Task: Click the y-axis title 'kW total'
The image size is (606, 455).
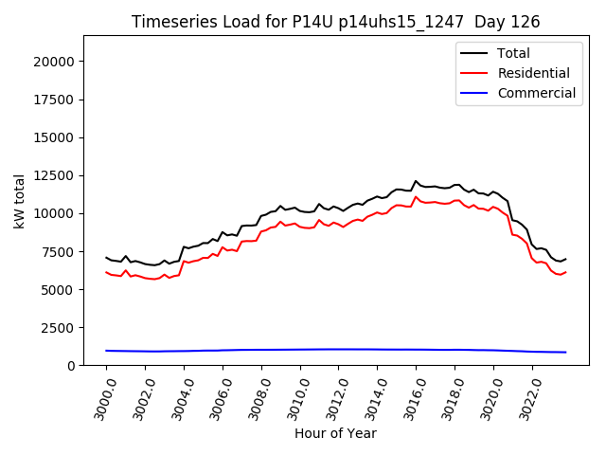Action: pos(20,200)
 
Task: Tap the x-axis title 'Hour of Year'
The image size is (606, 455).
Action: pos(335,433)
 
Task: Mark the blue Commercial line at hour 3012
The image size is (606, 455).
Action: pos(338,349)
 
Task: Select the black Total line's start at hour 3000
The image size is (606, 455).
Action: pos(107,257)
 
